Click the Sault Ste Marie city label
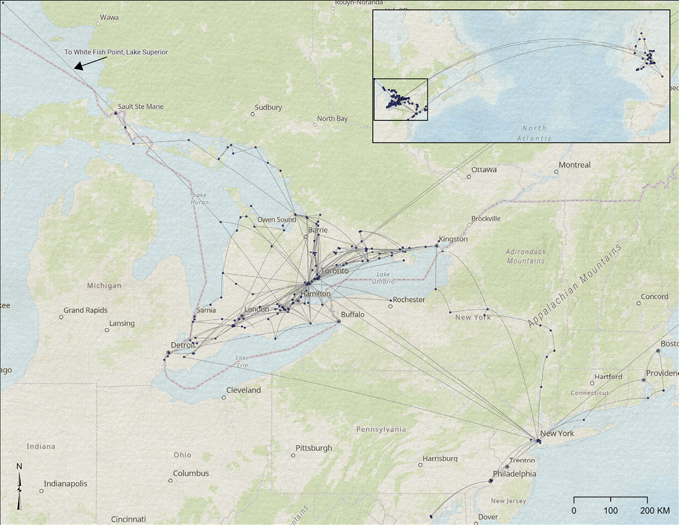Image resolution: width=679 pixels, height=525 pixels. click(141, 107)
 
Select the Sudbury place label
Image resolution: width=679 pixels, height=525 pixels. click(268, 108)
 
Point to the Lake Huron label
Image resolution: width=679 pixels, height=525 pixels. click(200, 198)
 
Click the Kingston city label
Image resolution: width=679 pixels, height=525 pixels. click(453, 239)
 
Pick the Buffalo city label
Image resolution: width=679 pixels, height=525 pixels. click(352, 315)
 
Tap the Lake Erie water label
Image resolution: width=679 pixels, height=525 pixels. click(243, 361)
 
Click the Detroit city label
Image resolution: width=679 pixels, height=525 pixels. click(183, 345)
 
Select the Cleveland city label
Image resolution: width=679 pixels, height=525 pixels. click(243, 390)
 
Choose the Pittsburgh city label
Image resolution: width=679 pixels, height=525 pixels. click(314, 448)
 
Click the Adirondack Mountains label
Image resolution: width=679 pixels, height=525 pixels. click(526, 256)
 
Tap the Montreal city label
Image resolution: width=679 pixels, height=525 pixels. click(574, 165)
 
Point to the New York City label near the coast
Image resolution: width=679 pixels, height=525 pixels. click(556, 433)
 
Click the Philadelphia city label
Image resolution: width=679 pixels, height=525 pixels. click(514, 474)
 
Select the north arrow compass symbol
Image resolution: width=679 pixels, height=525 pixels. click(19, 486)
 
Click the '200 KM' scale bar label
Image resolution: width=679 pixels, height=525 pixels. click(654, 511)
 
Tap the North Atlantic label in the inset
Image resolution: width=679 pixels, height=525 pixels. click(535, 133)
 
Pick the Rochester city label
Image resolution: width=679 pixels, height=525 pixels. click(409, 300)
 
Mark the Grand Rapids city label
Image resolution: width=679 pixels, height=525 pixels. click(86, 311)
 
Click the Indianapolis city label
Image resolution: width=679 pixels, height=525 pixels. click(65, 484)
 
